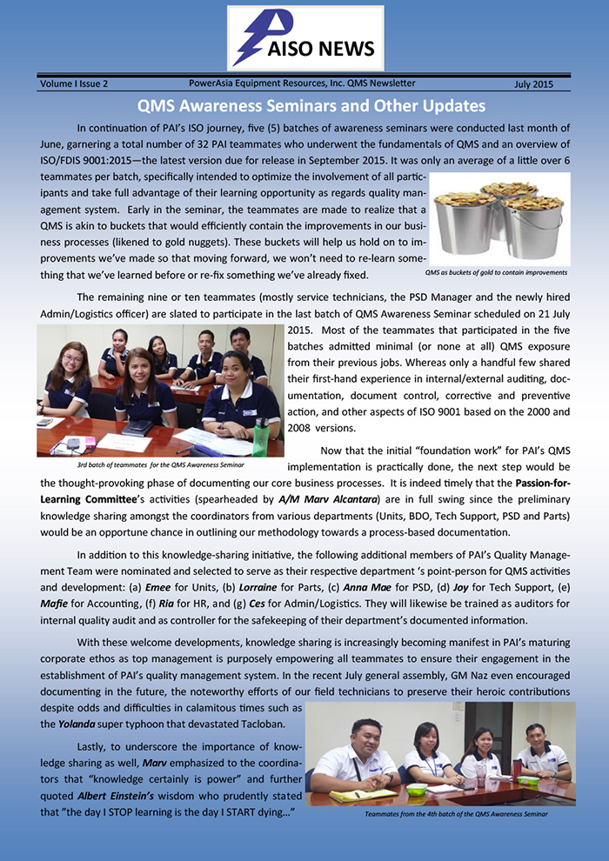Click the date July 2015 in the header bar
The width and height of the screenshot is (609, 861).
coord(533,84)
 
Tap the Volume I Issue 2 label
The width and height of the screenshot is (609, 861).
coord(74,84)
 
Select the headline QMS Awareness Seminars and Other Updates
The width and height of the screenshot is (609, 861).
coord(311,106)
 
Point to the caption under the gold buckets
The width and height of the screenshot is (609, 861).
coord(496,272)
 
